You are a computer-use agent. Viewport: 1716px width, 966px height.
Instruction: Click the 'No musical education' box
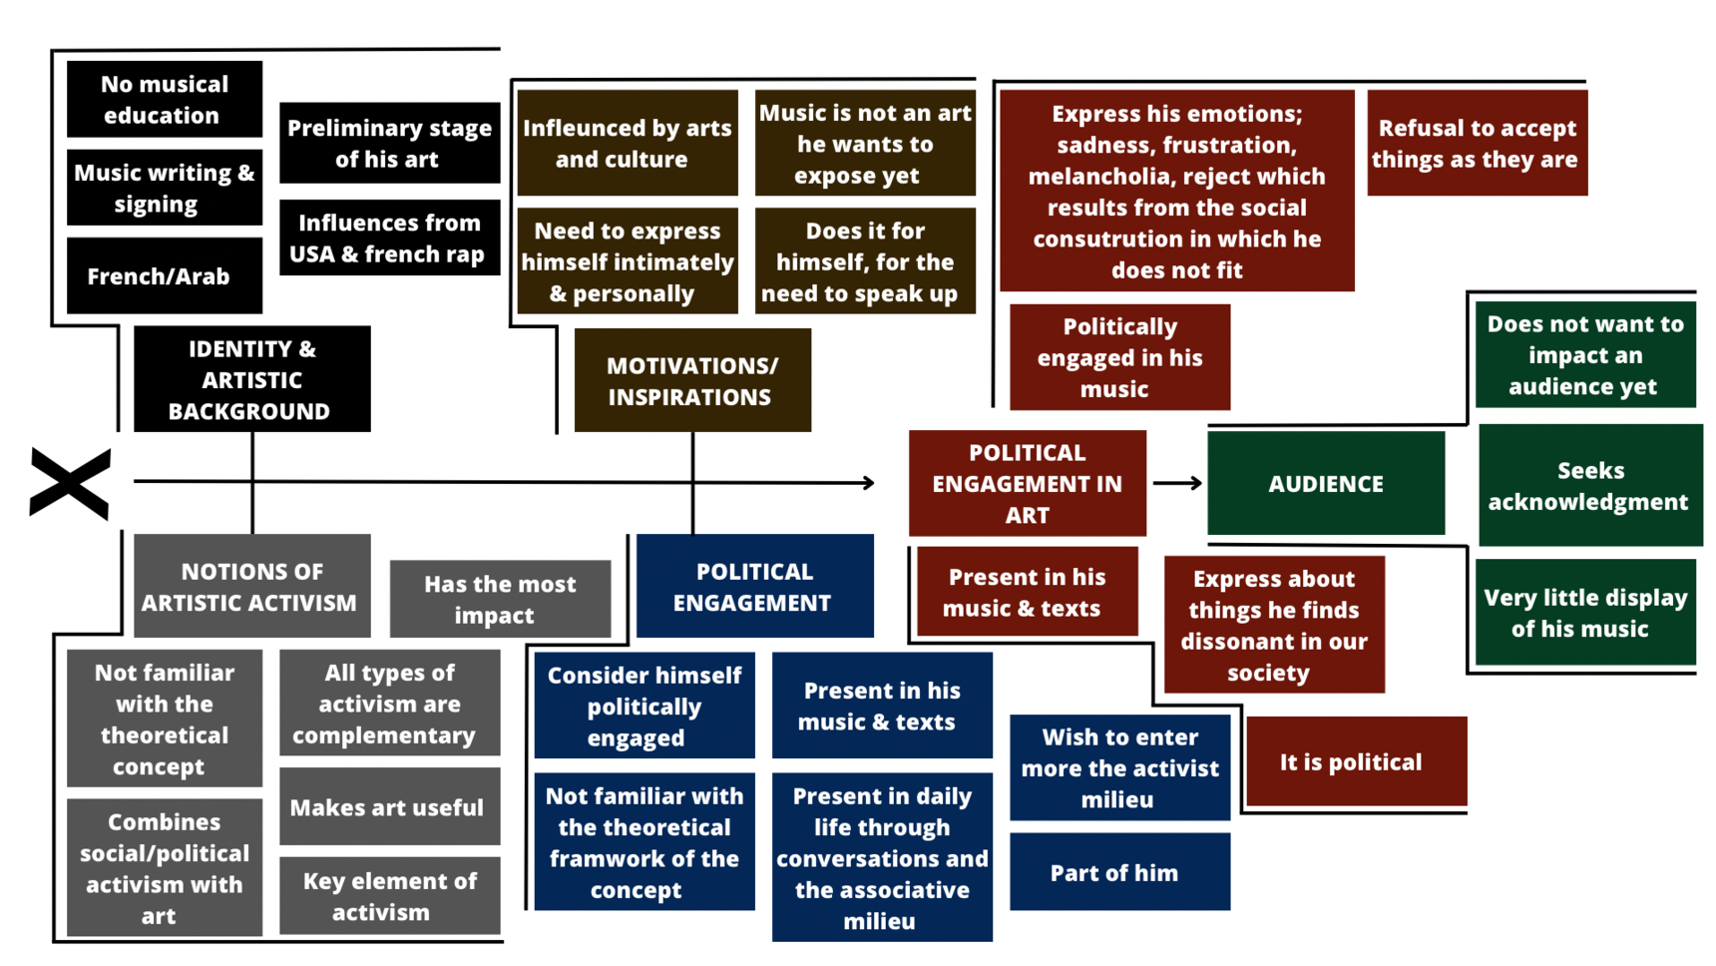pyautogui.click(x=165, y=99)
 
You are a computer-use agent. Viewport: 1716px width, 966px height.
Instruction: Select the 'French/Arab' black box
pyautogui.click(x=165, y=275)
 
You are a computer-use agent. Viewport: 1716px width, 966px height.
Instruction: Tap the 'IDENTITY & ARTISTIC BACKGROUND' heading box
pyautogui.click(x=251, y=379)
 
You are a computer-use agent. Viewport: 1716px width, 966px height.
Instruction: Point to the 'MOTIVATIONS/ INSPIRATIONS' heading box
pyautogui.click(x=691, y=380)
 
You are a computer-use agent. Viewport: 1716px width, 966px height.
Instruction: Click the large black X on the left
pyautogui.click(x=70, y=484)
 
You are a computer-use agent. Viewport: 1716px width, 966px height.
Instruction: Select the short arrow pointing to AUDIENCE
pyautogui.click(x=1177, y=483)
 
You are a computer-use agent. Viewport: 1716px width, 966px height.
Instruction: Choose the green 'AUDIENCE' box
pyautogui.click(x=1325, y=484)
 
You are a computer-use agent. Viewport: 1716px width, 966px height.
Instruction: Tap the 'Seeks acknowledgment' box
pyautogui.click(x=1589, y=485)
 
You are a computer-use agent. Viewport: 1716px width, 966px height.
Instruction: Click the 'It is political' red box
pyautogui.click(x=1355, y=761)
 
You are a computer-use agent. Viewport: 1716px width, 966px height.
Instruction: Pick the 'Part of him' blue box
pyautogui.click(x=1119, y=872)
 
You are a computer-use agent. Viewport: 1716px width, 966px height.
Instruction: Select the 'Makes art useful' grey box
pyautogui.click(x=389, y=806)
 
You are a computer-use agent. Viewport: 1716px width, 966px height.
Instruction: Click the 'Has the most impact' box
pyautogui.click(x=500, y=599)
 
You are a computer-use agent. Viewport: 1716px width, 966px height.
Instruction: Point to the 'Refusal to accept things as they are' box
pyautogui.click(x=1477, y=143)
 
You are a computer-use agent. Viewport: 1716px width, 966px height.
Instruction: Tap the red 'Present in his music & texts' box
pyautogui.click(x=1027, y=592)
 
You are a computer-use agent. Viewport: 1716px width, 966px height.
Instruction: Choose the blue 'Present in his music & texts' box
pyautogui.click(x=882, y=706)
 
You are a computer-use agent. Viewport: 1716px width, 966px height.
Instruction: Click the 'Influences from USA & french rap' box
pyautogui.click(x=389, y=238)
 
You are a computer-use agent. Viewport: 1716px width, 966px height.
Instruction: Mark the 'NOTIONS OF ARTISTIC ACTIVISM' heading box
pyautogui.click(x=251, y=586)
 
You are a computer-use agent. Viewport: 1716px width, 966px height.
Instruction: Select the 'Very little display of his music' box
pyautogui.click(x=1584, y=612)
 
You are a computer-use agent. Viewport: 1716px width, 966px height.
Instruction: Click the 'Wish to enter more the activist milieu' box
pyautogui.click(x=1119, y=767)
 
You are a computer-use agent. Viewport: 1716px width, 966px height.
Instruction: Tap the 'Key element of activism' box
pyautogui.click(x=389, y=895)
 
